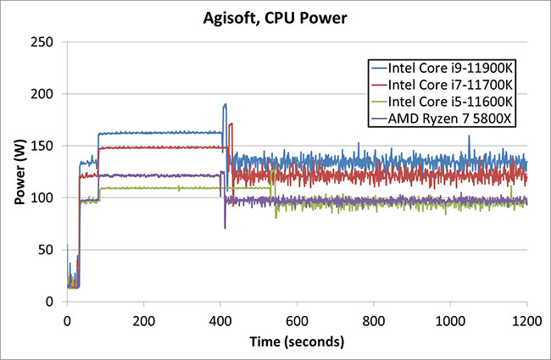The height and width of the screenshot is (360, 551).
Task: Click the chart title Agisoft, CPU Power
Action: point(275,16)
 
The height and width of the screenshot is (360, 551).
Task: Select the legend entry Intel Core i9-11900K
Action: point(442,68)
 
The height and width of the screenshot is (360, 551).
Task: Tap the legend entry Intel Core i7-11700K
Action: point(442,85)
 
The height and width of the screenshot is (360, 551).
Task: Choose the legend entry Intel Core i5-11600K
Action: point(442,102)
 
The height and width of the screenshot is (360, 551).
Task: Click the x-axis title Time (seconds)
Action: point(296,342)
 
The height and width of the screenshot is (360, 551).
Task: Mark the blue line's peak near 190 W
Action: point(225,104)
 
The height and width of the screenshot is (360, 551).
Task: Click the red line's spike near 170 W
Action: point(231,125)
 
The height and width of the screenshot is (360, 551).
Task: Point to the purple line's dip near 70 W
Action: point(225,228)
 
